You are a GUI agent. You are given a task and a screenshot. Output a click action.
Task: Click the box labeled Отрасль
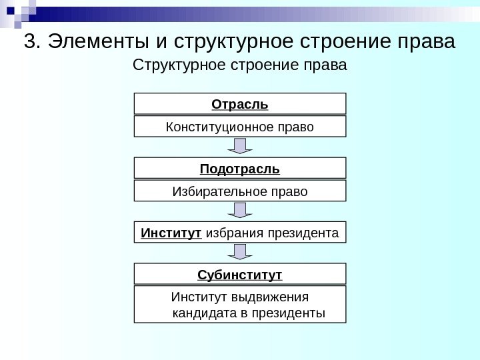(240, 104)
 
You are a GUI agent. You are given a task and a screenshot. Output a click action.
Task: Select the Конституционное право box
(240, 126)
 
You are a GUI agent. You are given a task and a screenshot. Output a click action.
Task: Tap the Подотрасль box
(240, 168)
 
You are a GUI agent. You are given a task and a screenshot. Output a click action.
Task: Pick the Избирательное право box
(240, 191)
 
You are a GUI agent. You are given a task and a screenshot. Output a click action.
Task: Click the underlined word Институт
(171, 233)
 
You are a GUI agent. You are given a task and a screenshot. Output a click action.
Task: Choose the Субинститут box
(240, 274)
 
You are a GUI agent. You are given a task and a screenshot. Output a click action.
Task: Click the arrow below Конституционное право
(240, 146)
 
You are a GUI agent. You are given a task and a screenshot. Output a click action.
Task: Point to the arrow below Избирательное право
(240, 210)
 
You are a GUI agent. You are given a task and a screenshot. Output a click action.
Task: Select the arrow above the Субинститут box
(240, 251)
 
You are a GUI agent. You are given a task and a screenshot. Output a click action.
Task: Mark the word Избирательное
(213, 191)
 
